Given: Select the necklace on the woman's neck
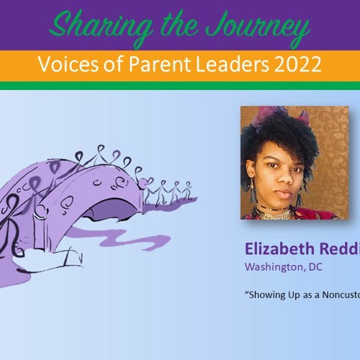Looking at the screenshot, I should (x=281, y=214).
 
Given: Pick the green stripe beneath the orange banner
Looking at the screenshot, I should (x=180, y=86).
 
